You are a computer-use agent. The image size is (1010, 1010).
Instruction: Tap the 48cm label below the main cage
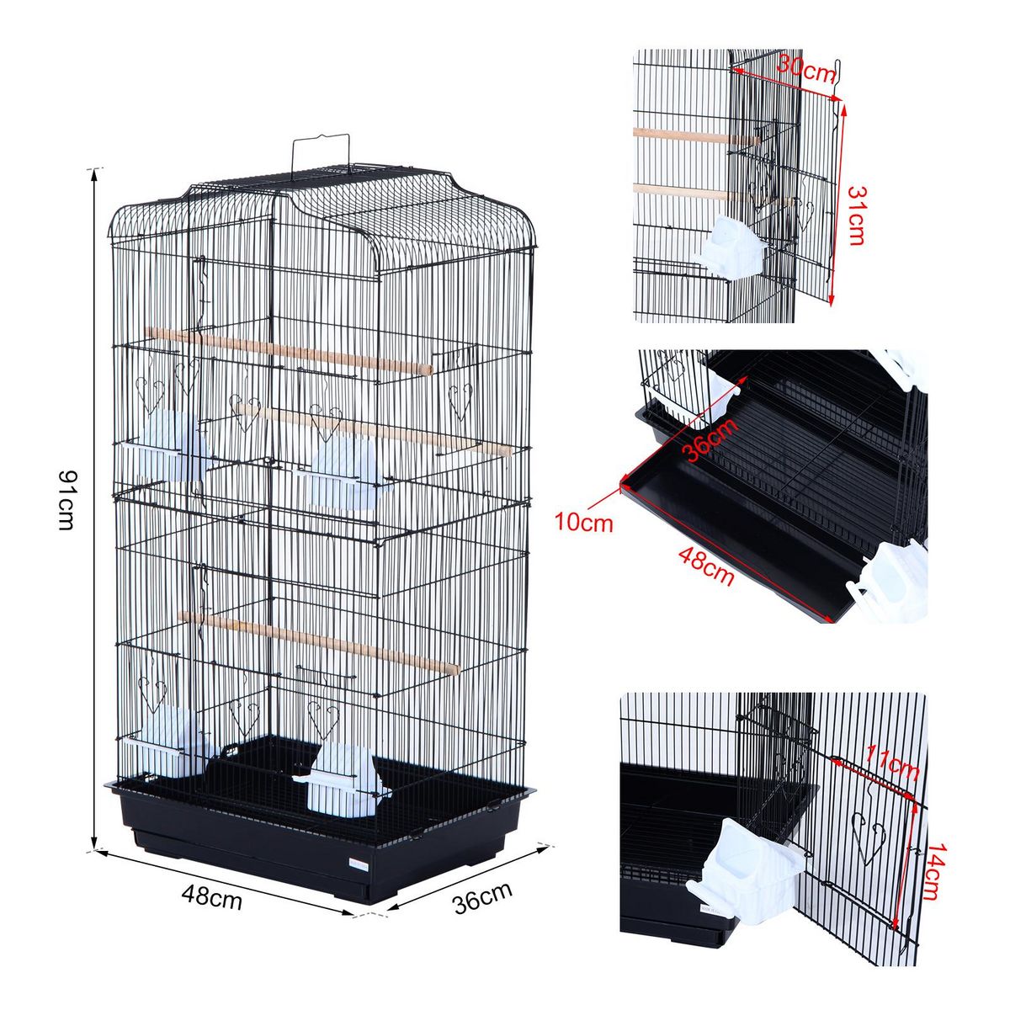212,898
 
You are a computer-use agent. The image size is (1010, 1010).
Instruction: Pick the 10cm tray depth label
583,523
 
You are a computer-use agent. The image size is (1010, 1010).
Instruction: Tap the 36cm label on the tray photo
710,439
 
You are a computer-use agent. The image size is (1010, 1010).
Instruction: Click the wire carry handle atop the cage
320,156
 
